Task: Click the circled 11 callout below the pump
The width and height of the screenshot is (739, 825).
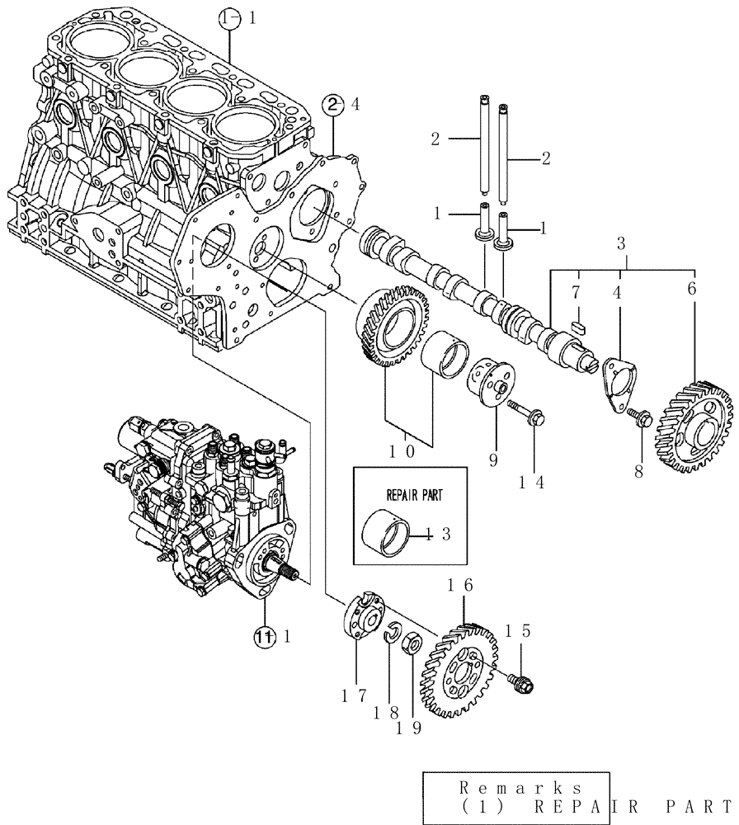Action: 263,636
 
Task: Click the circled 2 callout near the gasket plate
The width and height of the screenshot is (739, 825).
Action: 332,104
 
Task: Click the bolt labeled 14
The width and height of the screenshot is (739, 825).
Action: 523,413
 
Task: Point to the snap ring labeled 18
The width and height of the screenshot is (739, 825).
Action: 393,634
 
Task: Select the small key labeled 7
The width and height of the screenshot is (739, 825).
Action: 578,325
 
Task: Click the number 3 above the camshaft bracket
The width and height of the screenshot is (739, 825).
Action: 622,243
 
